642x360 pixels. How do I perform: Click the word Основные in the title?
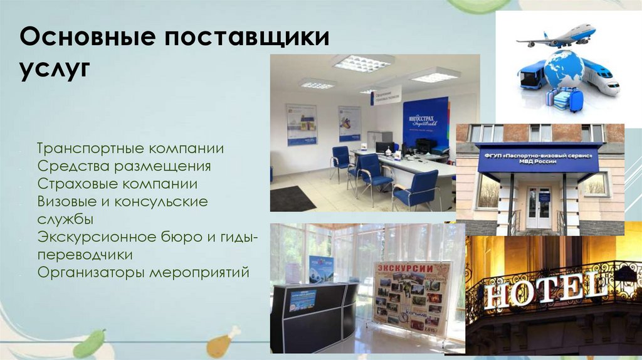point(80,37)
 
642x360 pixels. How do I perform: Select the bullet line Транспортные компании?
point(130,149)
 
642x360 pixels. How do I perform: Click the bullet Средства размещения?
point(124,167)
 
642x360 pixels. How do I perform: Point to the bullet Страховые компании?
point(117,184)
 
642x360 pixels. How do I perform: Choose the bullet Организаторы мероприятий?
point(143,273)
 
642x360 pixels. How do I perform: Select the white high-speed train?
point(600,77)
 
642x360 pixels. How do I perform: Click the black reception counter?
point(313,317)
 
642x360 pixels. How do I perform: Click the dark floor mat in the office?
point(292,198)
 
